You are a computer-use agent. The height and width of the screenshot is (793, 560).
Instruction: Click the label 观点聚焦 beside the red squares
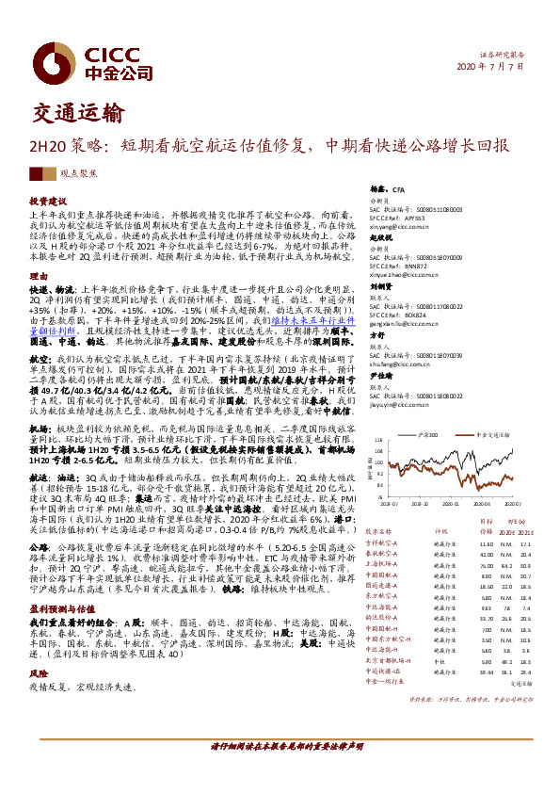76,175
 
